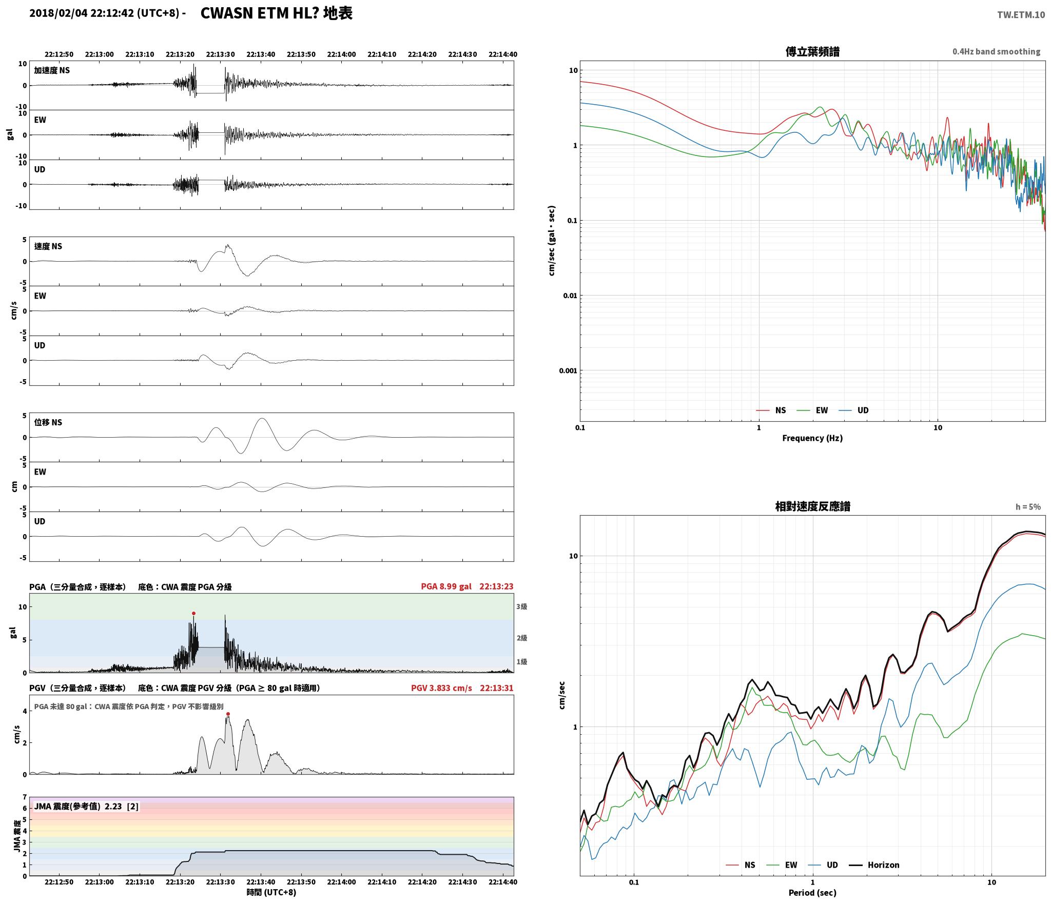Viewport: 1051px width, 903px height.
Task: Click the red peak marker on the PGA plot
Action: (193, 613)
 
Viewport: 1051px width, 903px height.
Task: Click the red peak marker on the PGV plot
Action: (228, 714)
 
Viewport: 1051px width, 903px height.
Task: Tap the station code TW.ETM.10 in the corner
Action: (1021, 15)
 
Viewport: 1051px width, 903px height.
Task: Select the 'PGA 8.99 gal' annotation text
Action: (446, 586)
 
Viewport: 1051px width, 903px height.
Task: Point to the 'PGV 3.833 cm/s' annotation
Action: (441, 688)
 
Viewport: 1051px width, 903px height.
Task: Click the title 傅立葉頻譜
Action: (812, 52)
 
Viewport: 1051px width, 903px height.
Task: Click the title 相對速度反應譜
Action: (812, 506)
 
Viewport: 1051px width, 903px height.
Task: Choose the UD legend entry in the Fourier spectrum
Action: (854, 410)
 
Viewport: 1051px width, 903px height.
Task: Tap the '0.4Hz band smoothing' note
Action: (996, 52)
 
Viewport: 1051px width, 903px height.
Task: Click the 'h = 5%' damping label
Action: (1028, 507)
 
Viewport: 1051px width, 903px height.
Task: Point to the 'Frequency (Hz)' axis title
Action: (812, 438)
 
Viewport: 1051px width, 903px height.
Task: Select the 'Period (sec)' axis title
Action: (812, 893)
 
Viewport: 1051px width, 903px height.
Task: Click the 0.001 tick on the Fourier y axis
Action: (568, 370)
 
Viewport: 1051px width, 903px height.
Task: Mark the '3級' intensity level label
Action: (522, 606)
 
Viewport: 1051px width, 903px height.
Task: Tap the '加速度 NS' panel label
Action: (52, 70)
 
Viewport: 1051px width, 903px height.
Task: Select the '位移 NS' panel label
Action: (48, 422)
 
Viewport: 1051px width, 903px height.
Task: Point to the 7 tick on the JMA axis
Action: (24, 797)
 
